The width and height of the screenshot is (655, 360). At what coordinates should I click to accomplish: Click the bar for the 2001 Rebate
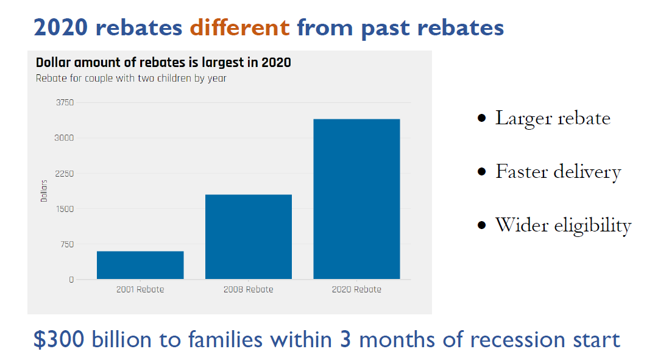pos(140,265)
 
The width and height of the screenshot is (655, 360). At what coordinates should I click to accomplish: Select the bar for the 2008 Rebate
pos(248,237)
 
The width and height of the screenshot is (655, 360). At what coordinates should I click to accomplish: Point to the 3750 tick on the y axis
pos(65,102)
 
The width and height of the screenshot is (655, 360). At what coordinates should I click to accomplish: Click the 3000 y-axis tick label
pos(65,138)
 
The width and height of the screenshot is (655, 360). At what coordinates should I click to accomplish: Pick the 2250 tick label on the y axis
pos(65,174)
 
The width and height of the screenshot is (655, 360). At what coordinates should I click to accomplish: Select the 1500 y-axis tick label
pos(65,209)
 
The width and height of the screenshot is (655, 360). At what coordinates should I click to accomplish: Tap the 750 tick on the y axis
pos(66,244)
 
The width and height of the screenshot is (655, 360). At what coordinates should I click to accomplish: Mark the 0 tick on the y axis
pos(71,280)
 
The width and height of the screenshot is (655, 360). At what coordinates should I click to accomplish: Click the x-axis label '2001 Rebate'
pos(140,289)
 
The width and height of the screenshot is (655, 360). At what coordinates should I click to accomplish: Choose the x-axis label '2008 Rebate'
pos(248,289)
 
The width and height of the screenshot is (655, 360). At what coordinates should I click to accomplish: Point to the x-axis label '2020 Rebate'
pos(356,289)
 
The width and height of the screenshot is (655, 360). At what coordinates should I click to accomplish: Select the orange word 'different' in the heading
pos(239,27)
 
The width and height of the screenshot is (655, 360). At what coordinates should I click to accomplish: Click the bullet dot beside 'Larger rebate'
pos(482,119)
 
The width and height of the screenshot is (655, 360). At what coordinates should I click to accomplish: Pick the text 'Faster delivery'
pos(558,172)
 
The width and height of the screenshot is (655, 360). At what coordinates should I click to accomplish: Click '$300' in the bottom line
pos(58,339)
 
